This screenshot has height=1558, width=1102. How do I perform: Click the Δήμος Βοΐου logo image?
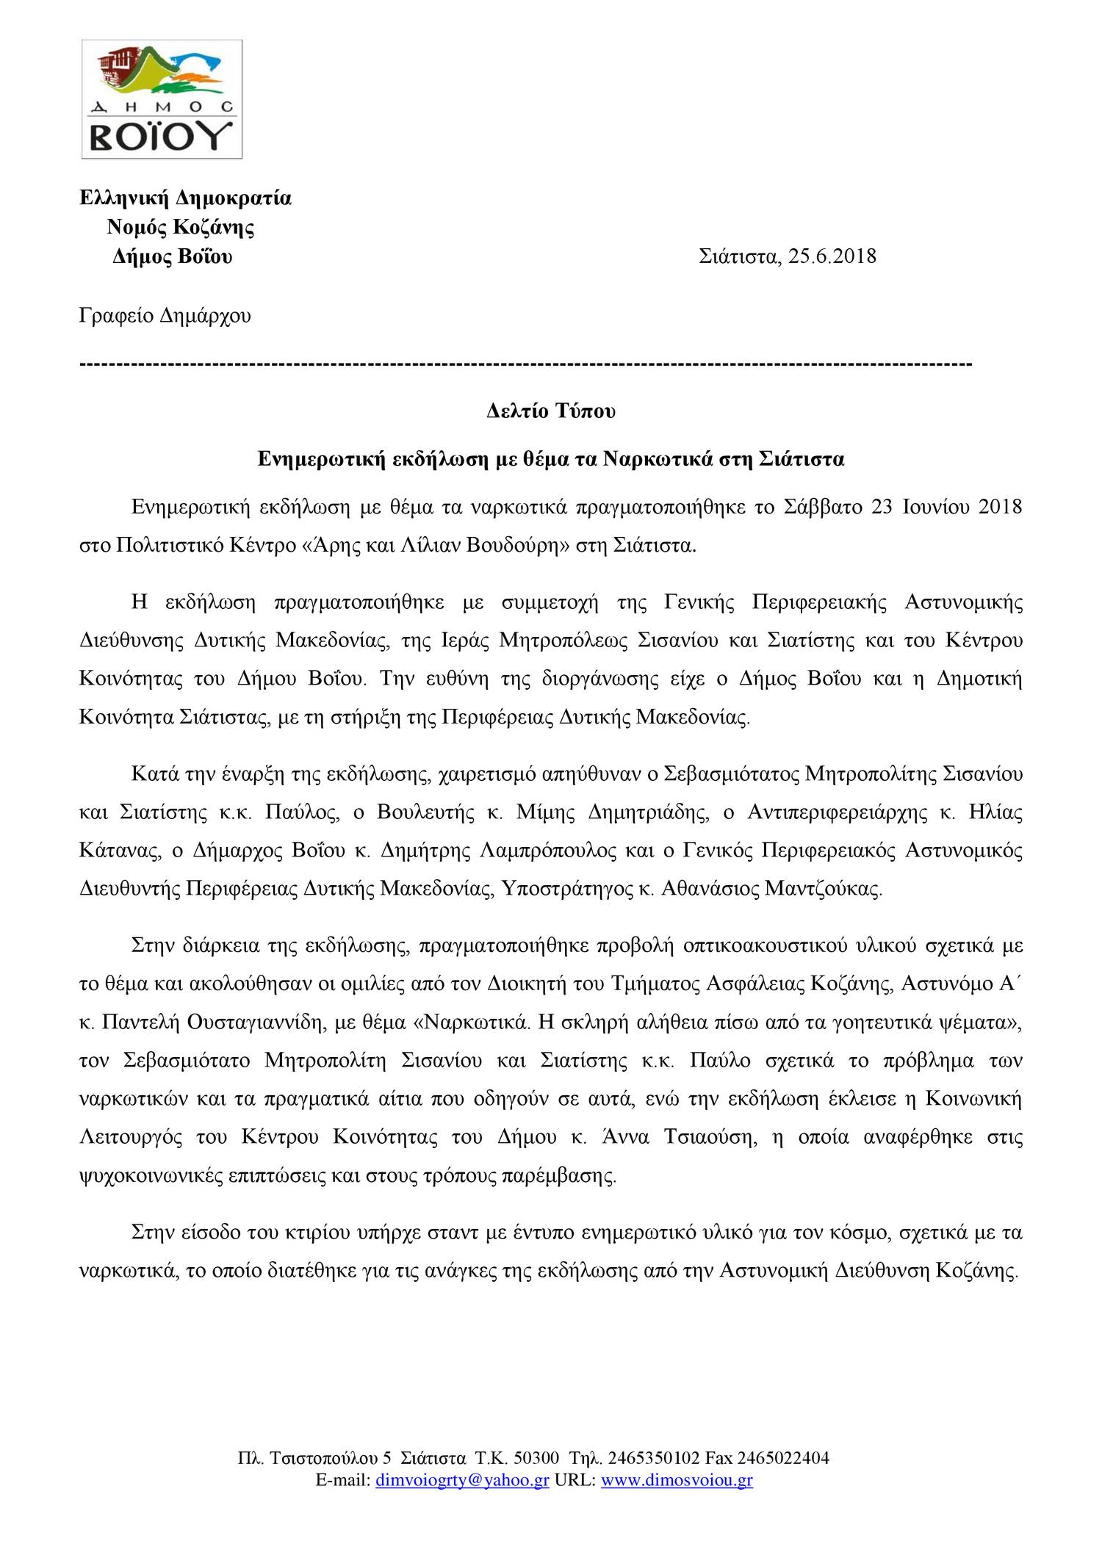pos(162,99)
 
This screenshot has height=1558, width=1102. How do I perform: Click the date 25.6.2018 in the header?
pos(832,256)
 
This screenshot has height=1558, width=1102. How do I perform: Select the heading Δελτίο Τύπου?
pos(551,411)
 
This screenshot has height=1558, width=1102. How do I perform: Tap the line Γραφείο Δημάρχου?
pos(165,316)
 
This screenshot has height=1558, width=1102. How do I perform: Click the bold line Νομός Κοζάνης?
pos(181,227)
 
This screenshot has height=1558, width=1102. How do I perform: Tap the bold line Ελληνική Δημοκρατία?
pos(185,198)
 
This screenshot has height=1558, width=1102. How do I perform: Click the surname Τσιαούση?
pos(710,1137)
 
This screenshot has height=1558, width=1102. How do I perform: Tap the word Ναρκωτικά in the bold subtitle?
pos(658,459)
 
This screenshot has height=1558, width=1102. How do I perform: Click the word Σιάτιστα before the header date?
pos(739,256)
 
